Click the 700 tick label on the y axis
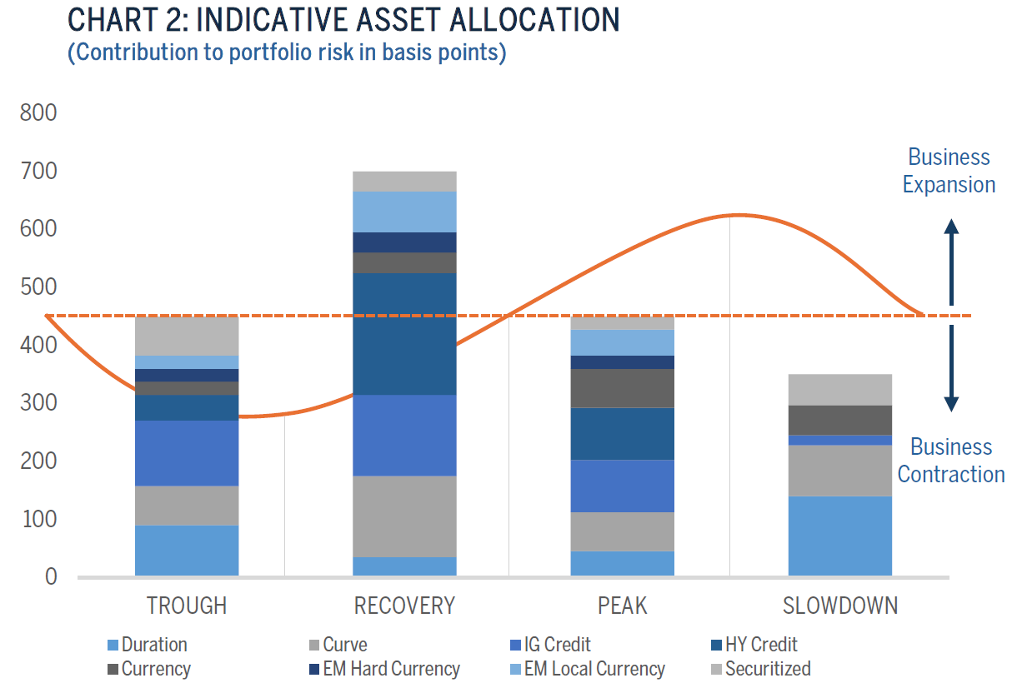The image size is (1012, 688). tap(38, 172)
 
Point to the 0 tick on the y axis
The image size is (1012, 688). tap(51, 577)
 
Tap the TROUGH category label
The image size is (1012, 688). tap(187, 606)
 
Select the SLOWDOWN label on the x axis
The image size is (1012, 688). tap(840, 606)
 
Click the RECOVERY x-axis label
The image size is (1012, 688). tap(404, 606)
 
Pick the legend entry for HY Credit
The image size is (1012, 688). tap(754, 645)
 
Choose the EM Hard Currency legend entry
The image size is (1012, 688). tap(384, 669)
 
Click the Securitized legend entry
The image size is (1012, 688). tap(761, 669)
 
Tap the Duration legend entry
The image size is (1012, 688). tap(148, 645)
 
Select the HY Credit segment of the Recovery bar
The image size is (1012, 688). tap(404, 334)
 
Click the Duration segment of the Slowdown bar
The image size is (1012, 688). tap(840, 536)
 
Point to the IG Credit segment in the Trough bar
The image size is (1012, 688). tap(187, 453)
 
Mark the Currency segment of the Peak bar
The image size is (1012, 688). tap(623, 388)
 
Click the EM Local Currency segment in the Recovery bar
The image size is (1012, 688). tap(404, 212)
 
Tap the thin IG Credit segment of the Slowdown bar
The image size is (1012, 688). tap(840, 440)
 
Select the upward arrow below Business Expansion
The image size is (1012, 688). tap(951, 262)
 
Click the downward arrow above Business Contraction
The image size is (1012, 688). tap(951, 368)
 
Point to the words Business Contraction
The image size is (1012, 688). tap(951, 461)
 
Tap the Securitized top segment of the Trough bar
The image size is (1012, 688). tap(187, 336)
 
